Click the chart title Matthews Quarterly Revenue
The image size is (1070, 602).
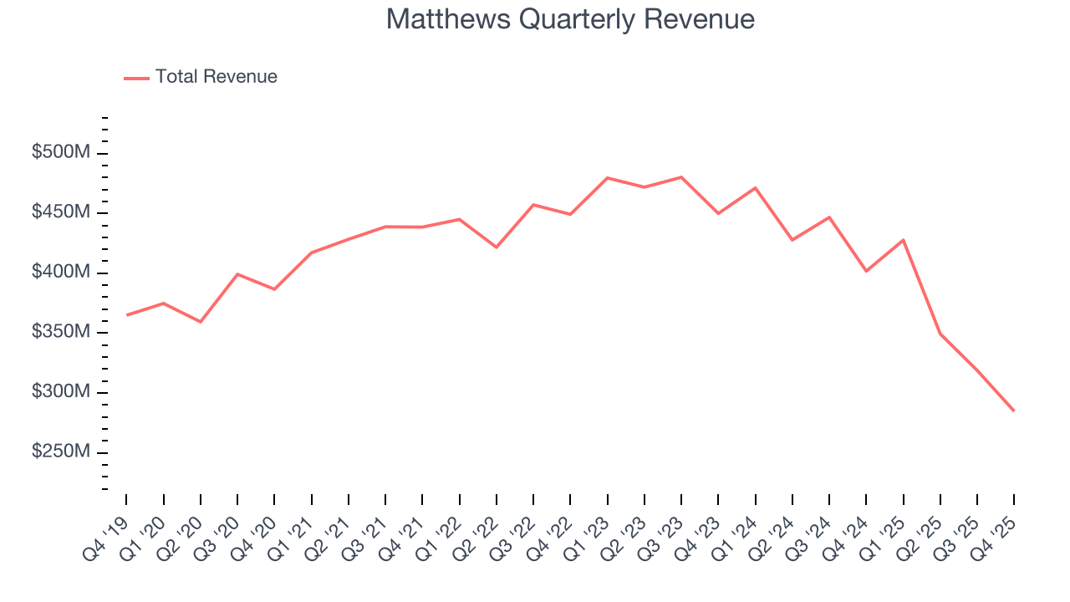coord(570,19)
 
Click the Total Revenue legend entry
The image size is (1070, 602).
coord(201,77)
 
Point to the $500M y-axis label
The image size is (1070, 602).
coord(62,153)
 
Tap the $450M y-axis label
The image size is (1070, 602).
coord(62,213)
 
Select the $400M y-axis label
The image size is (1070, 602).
coord(62,273)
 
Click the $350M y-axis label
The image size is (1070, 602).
coord(62,333)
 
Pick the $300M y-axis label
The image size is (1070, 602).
coord(62,392)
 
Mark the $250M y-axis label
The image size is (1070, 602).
coord(62,452)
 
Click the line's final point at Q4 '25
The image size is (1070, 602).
coord(1014,411)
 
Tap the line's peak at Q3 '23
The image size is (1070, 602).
coord(681,177)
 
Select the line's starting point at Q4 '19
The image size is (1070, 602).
coord(126,315)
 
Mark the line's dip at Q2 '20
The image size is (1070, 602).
coord(201,322)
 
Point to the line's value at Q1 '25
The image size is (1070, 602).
coord(904,240)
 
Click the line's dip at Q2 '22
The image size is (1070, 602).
coord(497,247)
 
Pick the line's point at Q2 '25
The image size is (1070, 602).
coord(940,334)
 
